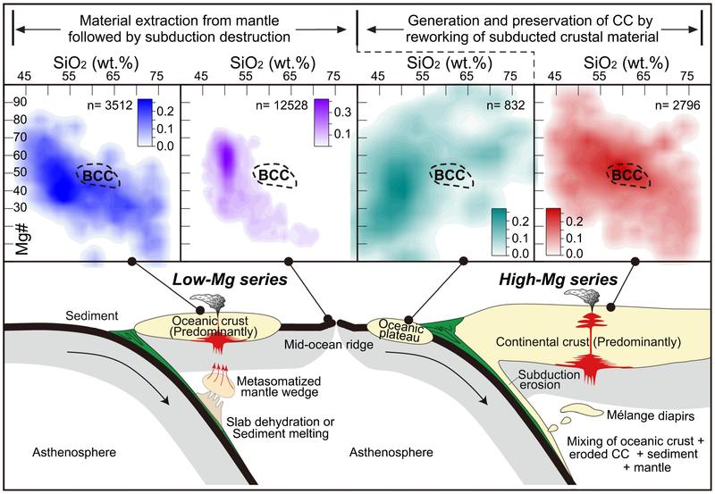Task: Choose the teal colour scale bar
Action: point(499,230)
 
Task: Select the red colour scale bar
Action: point(556,230)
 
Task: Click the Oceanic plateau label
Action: point(396,331)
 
